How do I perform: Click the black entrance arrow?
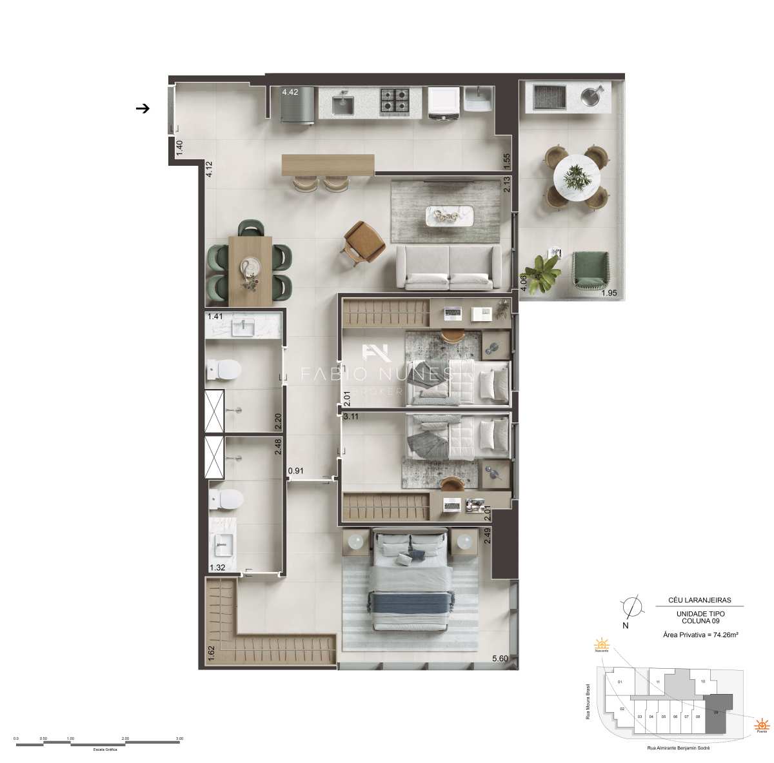[x=143, y=108]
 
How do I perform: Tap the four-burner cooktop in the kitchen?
[x=393, y=101]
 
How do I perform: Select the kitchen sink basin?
[x=344, y=104]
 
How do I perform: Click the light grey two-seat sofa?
[x=449, y=267]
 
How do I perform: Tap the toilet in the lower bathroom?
[x=225, y=499]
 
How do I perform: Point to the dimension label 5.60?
[x=501, y=659]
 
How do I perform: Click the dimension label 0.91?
[x=296, y=471]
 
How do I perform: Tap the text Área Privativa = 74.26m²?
[x=700, y=635]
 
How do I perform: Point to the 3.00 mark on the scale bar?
[x=179, y=738]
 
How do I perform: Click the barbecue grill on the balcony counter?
[x=550, y=97]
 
